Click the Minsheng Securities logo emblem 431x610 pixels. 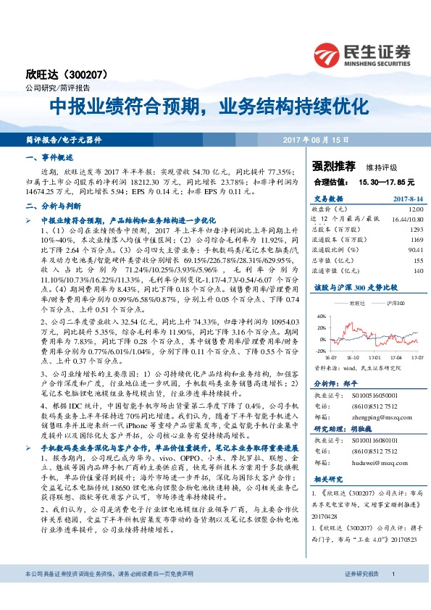click(x=330, y=54)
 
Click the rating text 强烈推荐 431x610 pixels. click(x=333, y=166)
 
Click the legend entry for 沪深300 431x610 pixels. click(x=395, y=303)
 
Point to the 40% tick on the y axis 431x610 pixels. click(x=320, y=316)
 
